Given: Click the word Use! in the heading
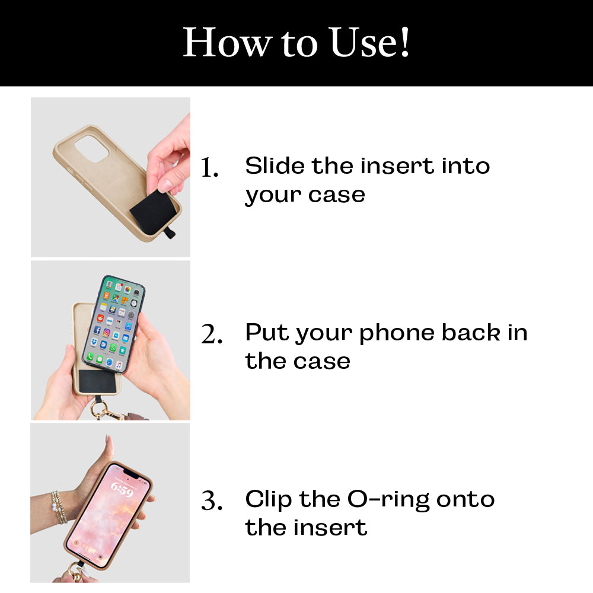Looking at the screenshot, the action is [x=369, y=42].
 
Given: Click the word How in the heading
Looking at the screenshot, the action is [x=227, y=42].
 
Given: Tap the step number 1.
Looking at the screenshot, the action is [x=209, y=167].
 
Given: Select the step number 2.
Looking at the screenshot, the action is [x=212, y=334].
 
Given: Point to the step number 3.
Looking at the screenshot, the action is [x=212, y=500].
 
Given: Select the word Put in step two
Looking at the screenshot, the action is [x=267, y=333].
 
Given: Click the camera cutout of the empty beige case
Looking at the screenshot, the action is [x=91, y=149].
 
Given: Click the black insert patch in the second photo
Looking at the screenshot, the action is [x=97, y=381].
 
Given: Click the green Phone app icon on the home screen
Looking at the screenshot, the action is [x=90, y=356].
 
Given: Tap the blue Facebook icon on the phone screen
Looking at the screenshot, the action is [x=97, y=330].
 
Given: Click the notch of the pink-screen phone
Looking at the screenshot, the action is [x=129, y=473].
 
